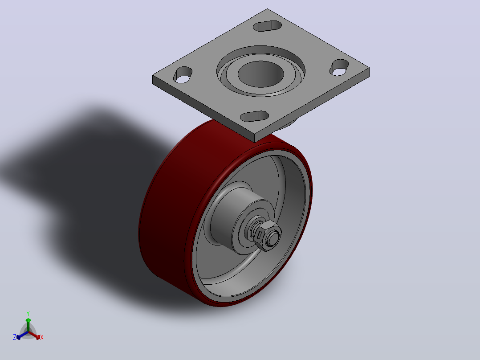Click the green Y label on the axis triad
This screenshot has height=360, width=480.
28,313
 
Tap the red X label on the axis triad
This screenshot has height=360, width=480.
42,337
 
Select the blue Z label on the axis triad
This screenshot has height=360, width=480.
14,337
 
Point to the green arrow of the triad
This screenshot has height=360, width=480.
28,325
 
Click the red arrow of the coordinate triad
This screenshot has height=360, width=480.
34,335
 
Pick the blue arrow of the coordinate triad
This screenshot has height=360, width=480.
22,335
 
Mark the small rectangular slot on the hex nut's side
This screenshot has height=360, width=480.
260,235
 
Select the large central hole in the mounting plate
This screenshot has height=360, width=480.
261,74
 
